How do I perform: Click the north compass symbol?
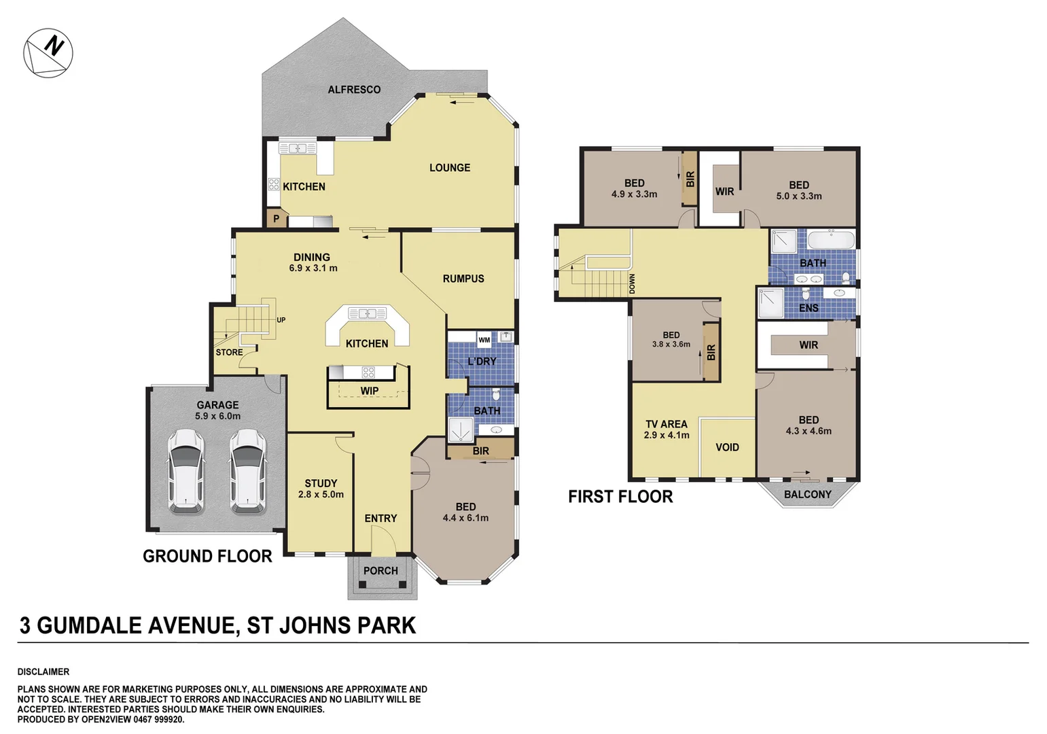[x=48, y=53]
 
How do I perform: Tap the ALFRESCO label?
[x=354, y=90]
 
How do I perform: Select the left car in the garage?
[x=185, y=470]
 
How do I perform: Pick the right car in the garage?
[x=247, y=470]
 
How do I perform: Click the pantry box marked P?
[x=276, y=219]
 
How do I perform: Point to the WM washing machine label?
[x=484, y=340]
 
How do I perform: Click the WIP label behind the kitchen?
[x=369, y=391]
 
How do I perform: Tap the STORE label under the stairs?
[x=229, y=352]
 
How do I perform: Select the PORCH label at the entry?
[x=380, y=571]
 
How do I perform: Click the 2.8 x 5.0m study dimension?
[x=321, y=495]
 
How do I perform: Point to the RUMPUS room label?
[x=463, y=279]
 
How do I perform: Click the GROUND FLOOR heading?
[x=207, y=557]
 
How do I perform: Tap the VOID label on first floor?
[x=727, y=447]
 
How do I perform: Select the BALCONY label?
[x=807, y=495]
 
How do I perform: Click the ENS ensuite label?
[x=809, y=309]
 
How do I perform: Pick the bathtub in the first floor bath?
[x=831, y=241]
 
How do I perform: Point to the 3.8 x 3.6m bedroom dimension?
[x=671, y=345]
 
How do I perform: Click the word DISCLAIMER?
[x=43, y=671]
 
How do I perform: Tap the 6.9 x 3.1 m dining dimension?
[x=313, y=268]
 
